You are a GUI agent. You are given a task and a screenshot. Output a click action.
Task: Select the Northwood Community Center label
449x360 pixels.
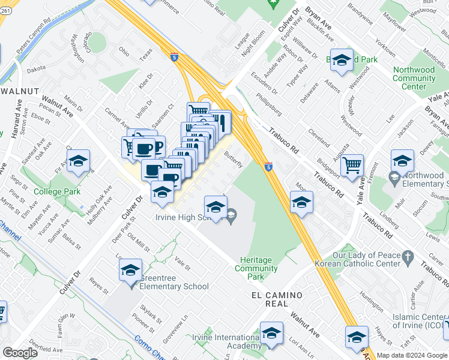(414, 78)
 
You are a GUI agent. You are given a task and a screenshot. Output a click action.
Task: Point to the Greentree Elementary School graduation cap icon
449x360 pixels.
(130, 271)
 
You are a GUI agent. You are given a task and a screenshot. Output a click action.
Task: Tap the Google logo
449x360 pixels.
(19, 353)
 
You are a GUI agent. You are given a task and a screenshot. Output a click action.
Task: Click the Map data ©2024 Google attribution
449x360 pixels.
(412, 355)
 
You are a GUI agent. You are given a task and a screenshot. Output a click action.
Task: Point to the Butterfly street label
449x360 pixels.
(234, 160)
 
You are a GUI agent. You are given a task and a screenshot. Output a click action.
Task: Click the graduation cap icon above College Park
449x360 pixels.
(78, 161)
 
